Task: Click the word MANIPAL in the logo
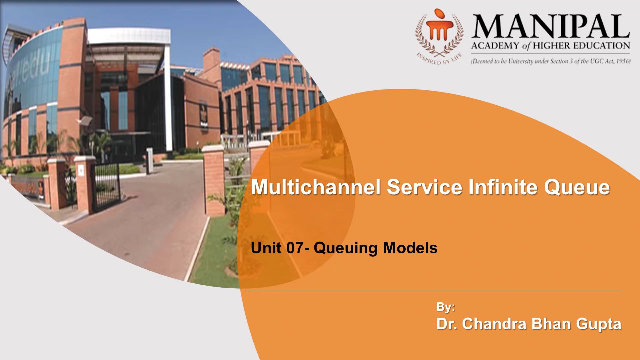(x=550, y=27)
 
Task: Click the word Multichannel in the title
(x=315, y=187)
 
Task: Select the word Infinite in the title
(x=503, y=187)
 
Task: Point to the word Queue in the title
(x=577, y=188)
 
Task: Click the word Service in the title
(x=424, y=187)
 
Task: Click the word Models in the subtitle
(x=410, y=248)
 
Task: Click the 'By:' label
(x=446, y=307)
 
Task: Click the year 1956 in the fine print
(x=623, y=61)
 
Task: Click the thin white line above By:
(x=433, y=291)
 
